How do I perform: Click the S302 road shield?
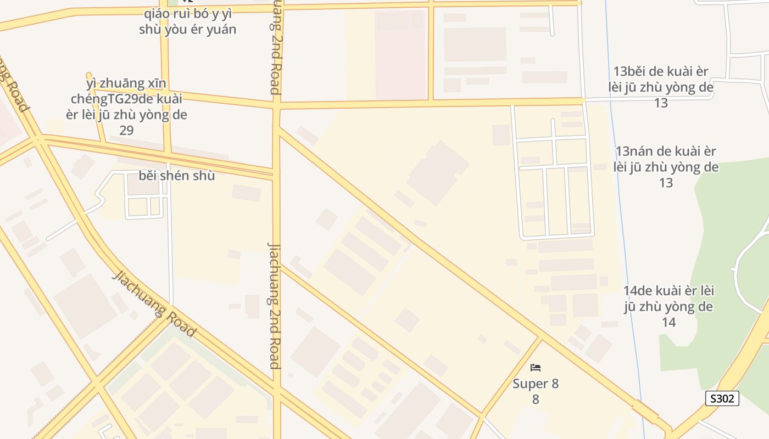(x=722, y=398)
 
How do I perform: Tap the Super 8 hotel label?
(x=536, y=384)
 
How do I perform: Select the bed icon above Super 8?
(x=536, y=367)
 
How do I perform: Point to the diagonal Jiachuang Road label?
(x=154, y=303)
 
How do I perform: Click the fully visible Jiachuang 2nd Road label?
(x=275, y=305)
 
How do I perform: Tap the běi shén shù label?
(x=176, y=176)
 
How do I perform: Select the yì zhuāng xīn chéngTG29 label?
(x=127, y=99)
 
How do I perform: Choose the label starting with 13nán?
(x=666, y=166)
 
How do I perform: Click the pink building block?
(x=401, y=55)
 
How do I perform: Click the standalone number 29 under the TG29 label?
(x=126, y=131)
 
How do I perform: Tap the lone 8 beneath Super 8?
(x=536, y=399)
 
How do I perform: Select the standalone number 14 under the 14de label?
(x=668, y=322)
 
